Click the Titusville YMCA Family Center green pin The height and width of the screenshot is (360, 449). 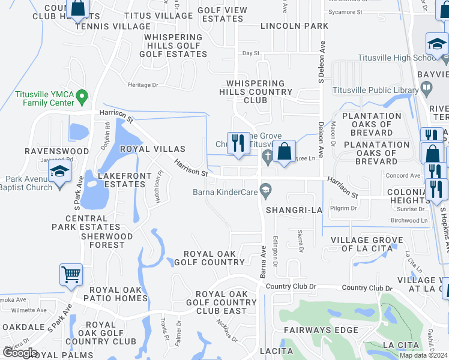83,95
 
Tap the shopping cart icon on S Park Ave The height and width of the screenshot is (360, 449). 71,275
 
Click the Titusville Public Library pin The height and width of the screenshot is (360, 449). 426,90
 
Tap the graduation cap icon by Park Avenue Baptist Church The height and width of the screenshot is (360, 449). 60,172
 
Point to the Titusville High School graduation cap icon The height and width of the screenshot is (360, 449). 437,44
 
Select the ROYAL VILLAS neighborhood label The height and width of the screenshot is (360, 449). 152,148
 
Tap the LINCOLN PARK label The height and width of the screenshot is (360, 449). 294,26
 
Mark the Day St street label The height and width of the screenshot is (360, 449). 250,53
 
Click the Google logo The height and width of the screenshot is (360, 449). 20,353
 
